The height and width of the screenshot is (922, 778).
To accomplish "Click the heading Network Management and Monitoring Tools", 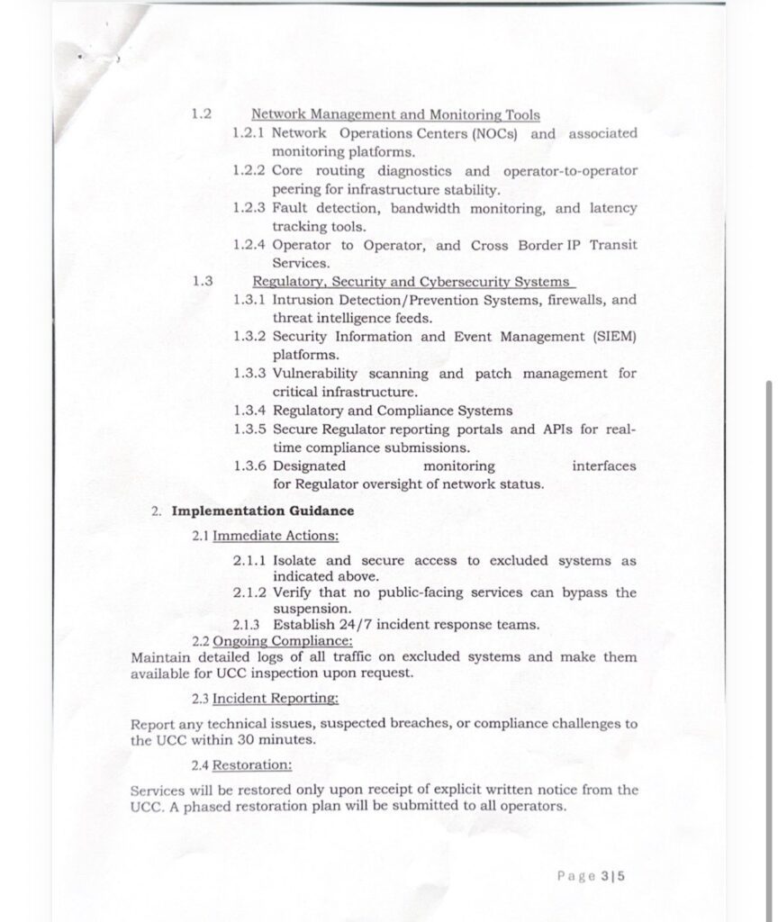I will [395, 115].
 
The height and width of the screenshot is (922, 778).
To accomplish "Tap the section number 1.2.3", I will [249, 208].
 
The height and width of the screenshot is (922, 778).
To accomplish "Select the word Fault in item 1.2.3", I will [290, 208].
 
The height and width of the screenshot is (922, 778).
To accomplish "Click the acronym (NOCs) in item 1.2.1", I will [494, 133].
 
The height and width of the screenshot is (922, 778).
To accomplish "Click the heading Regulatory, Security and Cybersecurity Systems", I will [411, 281].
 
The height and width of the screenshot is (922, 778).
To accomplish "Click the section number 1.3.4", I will [249, 411].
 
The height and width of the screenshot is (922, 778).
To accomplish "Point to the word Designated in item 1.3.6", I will [309, 466].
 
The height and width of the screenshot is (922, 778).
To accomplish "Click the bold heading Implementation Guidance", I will [263, 511].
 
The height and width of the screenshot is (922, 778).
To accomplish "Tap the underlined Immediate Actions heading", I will [276, 536].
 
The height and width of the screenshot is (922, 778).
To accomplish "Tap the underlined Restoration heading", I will [252, 764].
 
